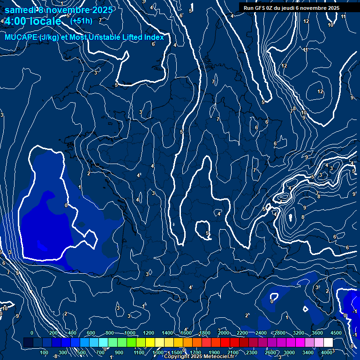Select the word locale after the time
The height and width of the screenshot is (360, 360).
click(x=45, y=21)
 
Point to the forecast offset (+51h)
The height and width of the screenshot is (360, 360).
click(x=81, y=21)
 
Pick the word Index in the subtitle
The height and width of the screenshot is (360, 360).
click(x=154, y=37)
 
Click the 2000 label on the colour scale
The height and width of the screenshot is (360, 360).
click(x=224, y=333)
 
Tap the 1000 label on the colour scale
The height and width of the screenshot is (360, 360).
click(x=129, y=333)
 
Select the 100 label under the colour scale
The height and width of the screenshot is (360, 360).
click(x=45, y=352)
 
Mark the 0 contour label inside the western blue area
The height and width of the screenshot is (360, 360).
click(x=66, y=205)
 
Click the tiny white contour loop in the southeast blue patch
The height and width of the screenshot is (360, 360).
click(x=305, y=309)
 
